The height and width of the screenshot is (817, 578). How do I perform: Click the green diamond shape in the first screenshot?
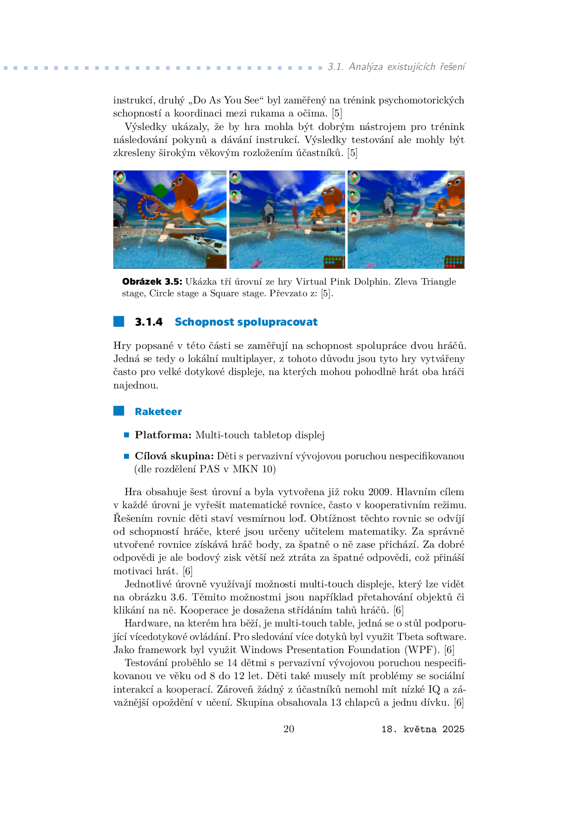pyautogui.click(x=160, y=190)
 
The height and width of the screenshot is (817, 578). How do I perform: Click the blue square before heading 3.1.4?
pyautogui.click(x=119, y=321)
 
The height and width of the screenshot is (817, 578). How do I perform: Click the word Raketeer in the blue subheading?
pyautogui.click(x=158, y=412)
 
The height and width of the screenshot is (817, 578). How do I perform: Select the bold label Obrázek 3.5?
pyautogui.click(x=152, y=281)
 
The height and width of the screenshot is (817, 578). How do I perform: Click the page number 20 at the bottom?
pyautogui.click(x=289, y=729)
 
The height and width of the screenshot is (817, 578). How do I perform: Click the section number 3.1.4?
pyautogui.click(x=149, y=322)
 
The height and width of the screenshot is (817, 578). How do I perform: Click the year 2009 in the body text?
pyautogui.click(x=380, y=492)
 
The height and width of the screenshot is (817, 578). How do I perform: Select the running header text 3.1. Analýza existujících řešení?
pyautogui.click(x=396, y=67)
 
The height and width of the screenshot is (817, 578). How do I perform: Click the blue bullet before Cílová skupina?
pyautogui.click(x=126, y=456)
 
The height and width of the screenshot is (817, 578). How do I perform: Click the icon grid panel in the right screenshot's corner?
pyautogui.click(x=454, y=261)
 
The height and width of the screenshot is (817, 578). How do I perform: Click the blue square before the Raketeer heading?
pyautogui.click(x=119, y=411)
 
